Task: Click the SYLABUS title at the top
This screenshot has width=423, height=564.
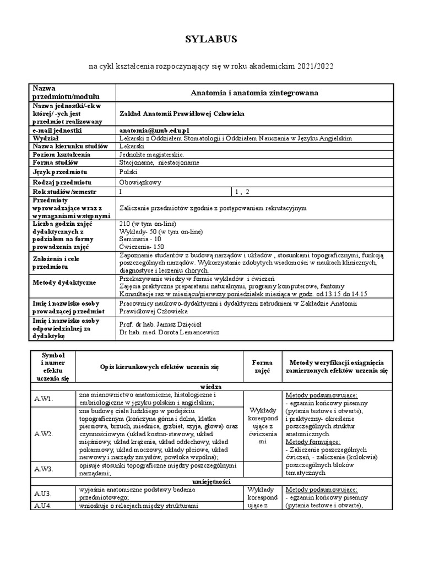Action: click(211, 39)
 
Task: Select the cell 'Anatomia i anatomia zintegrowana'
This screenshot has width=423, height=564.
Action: click(254, 93)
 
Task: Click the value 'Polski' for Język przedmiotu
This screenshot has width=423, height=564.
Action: click(129, 172)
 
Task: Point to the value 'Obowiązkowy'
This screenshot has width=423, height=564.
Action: click(140, 182)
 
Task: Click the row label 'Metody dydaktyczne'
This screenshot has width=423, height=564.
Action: click(64, 283)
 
